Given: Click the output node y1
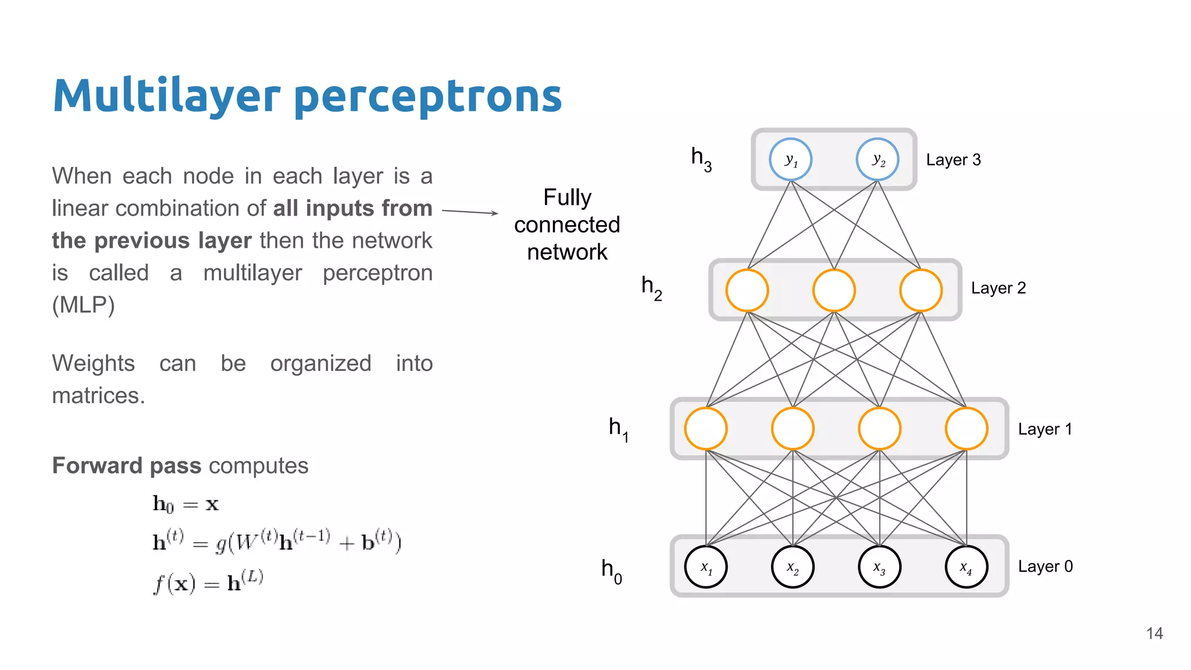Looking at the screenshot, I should (790, 159).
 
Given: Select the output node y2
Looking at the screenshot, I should (878, 159).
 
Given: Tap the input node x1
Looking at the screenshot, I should (706, 566).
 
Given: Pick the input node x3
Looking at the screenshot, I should (879, 566).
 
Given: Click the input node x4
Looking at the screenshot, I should (967, 566).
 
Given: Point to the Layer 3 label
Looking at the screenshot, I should (953, 160).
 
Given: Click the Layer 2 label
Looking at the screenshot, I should (998, 288).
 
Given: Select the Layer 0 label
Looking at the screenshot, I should (1045, 566).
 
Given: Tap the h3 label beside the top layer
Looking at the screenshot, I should (701, 159).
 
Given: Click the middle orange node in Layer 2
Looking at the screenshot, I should (834, 290).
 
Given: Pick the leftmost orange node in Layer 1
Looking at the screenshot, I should (706, 429).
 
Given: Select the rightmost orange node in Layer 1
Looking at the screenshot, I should (967, 429).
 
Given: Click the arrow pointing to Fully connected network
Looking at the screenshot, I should (470, 212).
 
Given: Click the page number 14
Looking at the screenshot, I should (1154, 633).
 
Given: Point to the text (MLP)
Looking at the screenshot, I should (83, 305).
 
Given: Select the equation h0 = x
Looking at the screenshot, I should (186, 504).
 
